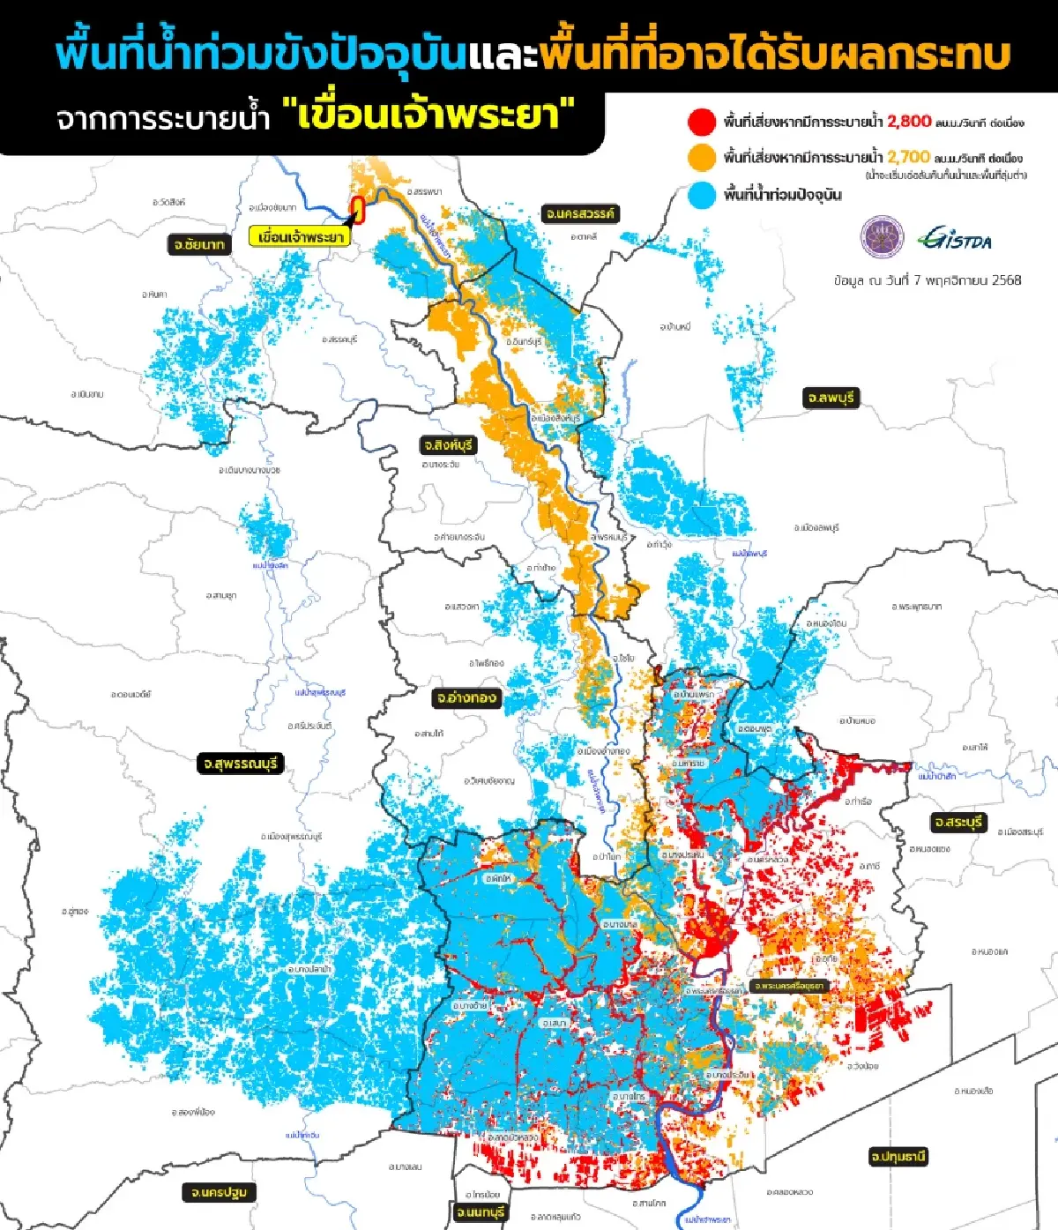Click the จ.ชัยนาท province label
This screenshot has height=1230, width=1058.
199,244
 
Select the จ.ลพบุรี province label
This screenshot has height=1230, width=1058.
830,398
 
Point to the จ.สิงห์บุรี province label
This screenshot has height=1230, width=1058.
449,445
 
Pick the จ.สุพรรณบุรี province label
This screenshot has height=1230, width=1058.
241,764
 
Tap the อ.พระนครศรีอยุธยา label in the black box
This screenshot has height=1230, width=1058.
789,986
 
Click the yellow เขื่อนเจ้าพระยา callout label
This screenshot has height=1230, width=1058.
299,237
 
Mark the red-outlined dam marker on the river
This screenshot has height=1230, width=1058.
358,206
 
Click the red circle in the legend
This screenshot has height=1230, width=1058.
702,122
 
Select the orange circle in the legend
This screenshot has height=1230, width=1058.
702,158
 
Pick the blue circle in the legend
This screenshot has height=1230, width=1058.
702,195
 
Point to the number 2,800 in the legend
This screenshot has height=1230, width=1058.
909,122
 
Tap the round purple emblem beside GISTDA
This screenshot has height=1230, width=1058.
882,237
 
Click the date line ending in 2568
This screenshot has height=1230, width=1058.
928,280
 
